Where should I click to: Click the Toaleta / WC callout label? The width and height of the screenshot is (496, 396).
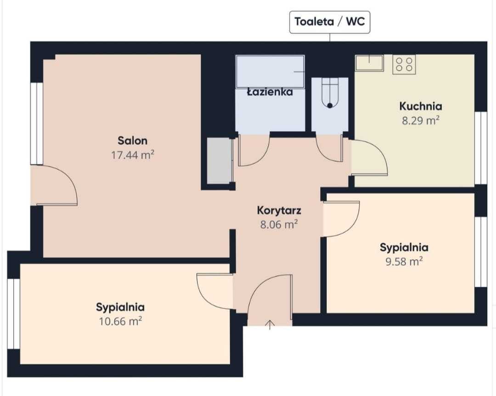click(330, 22)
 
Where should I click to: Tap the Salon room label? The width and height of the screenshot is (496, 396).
click(133, 140)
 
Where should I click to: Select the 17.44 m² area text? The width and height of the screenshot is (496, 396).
click(133, 155)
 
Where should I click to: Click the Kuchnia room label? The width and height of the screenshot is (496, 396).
click(421, 106)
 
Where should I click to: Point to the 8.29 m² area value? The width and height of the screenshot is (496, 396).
click(421, 120)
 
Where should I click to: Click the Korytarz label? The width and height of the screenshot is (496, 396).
click(279, 210)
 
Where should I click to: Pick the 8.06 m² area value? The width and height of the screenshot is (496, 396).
click(279, 224)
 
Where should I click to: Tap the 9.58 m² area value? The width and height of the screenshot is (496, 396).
click(404, 262)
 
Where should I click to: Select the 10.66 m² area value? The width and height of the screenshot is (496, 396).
click(120, 321)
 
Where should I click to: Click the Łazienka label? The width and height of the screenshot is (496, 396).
click(270, 92)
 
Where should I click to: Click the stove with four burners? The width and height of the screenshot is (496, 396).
click(404, 65)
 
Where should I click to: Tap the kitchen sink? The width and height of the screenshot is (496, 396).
click(369, 62)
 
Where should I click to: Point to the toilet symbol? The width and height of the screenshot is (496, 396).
click(330, 93)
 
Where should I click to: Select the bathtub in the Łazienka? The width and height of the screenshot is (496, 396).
click(270, 72)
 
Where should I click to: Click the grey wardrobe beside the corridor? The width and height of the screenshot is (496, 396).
click(220, 161)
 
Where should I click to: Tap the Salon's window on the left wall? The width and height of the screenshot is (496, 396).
click(37, 123)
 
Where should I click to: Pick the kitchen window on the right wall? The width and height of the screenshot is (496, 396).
click(481, 148)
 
